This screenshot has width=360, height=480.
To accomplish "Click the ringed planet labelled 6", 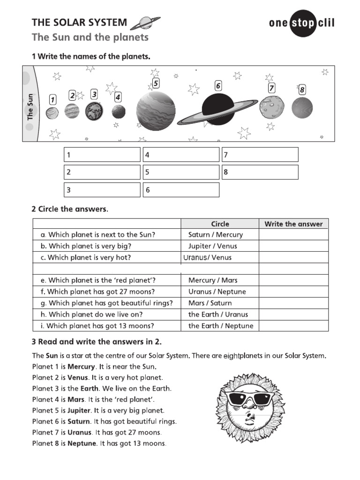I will (x=217, y=110).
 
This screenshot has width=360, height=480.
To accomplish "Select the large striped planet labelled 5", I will (x=156, y=111).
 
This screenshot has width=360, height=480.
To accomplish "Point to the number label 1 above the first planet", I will (x=52, y=99).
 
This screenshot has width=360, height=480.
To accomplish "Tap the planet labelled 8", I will (x=302, y=108).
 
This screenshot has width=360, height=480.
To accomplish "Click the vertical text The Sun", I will (x=30, y=107).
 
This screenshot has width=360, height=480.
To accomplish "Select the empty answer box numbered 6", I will (x=181, y=190).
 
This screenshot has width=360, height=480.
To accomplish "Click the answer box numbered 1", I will (x=102, y=155).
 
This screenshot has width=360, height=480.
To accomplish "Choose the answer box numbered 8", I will (x=260, y=172).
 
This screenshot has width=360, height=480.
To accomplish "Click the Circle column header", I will (x=220, y=224).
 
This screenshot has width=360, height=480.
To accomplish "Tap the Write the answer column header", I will (x=293, y=224).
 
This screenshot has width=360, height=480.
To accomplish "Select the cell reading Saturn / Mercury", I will (x=216, y=235).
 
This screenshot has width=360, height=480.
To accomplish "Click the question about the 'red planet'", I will (x=102, y=280).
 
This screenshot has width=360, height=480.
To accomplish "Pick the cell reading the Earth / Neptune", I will (x=220, y=326).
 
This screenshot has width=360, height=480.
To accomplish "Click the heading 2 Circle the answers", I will (x=70, y=209).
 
